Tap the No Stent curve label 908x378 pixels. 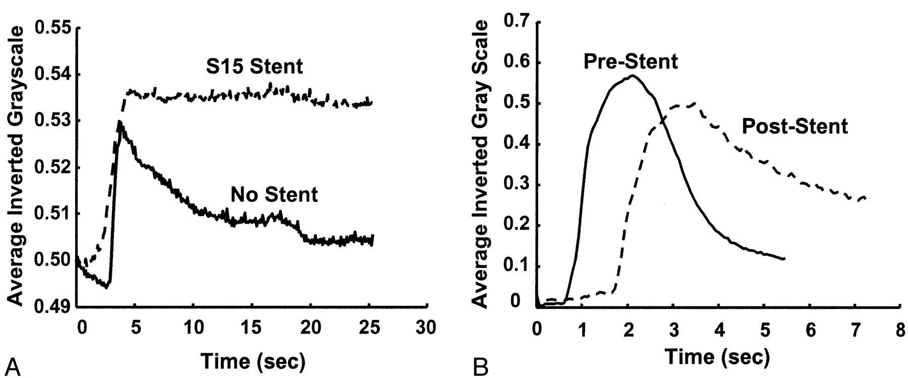pos(274,194)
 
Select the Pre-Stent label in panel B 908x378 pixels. pos(631,62)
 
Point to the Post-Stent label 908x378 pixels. pos(794,126)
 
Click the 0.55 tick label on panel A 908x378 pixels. pos(52,28)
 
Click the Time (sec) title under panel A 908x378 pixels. pos(253,361)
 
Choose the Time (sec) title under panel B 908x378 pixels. pos(717,357)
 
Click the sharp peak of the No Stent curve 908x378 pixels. pos(119,122)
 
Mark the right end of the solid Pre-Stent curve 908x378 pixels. pos(784,259)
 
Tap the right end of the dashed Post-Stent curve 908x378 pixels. pos(866,197)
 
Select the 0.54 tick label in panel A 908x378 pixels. pos(52,75)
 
